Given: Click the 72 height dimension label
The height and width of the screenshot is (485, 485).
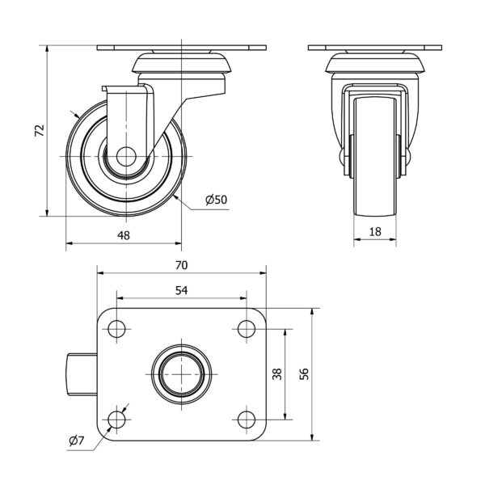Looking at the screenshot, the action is [x=40, y=130].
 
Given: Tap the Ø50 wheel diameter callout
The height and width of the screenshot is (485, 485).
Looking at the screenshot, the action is [x=216, y=200].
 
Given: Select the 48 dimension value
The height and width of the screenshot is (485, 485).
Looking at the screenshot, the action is [x=124, y=236].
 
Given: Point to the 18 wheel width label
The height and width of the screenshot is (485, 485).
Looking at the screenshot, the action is [x=375, y=232].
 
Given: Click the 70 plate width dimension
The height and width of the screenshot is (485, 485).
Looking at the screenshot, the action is [x=182, y=265].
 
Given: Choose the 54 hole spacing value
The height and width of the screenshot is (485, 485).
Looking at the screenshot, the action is [x=182, y=290].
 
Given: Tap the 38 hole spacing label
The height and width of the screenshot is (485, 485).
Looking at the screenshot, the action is [x=277, y=374].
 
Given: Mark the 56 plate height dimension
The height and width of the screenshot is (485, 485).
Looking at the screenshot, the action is [x=305, y=374].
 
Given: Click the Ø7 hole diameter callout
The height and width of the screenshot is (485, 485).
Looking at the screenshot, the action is [x=77, y=441].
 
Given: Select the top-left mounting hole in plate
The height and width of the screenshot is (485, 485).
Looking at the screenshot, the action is [x=116, y=329].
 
